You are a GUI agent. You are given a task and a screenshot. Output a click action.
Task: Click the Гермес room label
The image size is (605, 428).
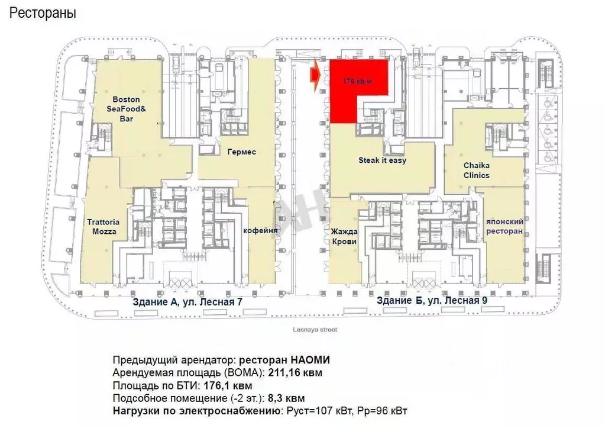pos(241,152)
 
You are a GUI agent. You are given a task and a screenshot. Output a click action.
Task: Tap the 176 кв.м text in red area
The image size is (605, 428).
pos(358,82)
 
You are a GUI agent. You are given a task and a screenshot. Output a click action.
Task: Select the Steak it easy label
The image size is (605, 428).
pos(382,160)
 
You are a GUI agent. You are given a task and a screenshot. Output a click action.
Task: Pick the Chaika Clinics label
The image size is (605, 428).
pos(476,171)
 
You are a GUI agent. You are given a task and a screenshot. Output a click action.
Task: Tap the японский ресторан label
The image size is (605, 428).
pos(504,226)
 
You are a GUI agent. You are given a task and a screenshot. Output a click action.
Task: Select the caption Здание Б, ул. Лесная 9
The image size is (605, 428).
pos(432,301)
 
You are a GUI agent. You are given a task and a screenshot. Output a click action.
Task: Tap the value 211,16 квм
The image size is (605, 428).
pos(296,373)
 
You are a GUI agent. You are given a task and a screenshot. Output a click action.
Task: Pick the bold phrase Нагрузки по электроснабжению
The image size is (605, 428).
pos(195,411)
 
